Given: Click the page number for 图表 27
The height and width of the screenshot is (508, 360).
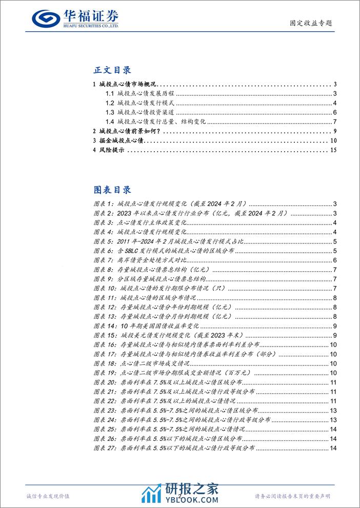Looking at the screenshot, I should (332, 449).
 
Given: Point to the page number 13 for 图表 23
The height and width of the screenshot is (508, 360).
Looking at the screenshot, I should (332, 411).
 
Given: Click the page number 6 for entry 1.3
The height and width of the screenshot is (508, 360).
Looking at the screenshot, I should (334, 112).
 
